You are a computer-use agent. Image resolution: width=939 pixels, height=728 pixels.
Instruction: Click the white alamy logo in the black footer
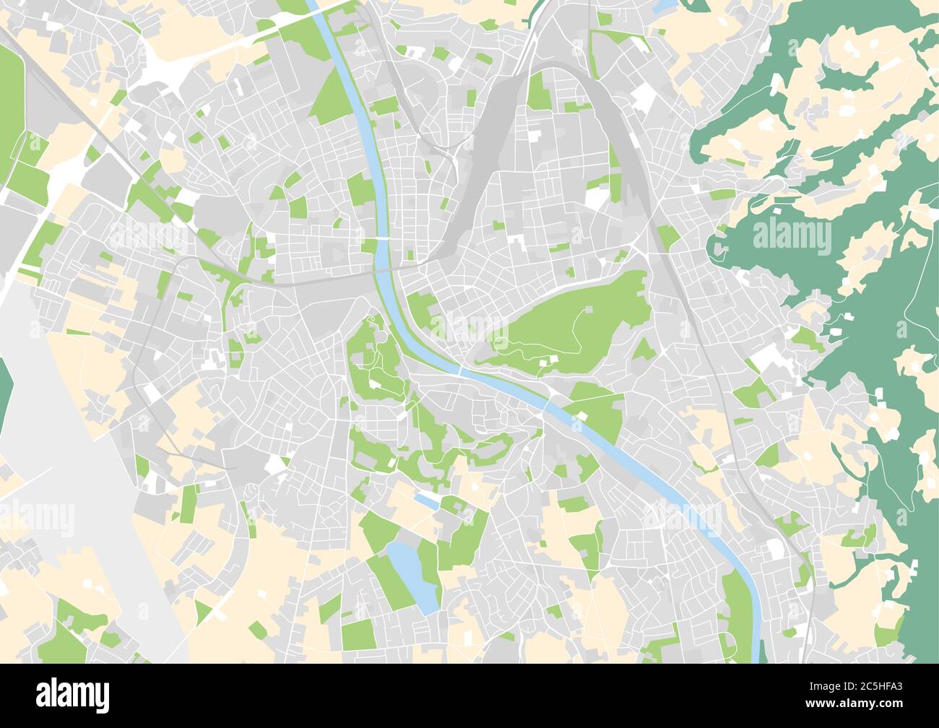pos(73,695)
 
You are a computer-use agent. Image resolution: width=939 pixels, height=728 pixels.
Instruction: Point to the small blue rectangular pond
pos(425,500)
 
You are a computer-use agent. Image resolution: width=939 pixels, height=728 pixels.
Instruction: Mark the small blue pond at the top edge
pos(663,6)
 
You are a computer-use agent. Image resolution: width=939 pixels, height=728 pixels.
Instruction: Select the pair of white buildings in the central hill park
pos(553,363)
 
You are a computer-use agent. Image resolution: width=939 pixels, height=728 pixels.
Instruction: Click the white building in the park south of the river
pos(581,415)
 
